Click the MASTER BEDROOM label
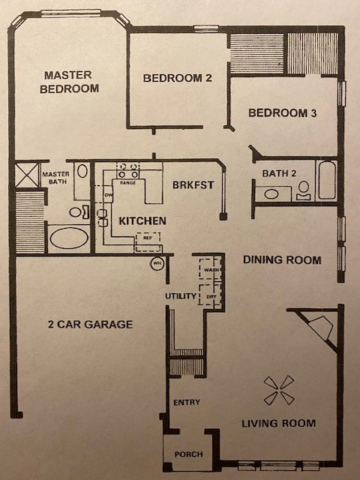click(x=70, y=82)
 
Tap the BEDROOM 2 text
click(x=178, y=78)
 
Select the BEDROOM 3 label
click(x=282, y=113)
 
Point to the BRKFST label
click(x=193, y=185)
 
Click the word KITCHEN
click(x=142, y=220)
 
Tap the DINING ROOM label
click(x=282, y=260)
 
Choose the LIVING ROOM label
click(x=278, y=423)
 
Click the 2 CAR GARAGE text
click(x=90, y=324)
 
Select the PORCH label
click(x=188, y=454)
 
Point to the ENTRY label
click(x=187, y=402)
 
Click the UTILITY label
click(x=181, y=296)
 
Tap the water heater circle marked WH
click(x=157, y=263)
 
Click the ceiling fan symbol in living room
click(x=279, y=390)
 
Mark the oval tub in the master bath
click(x=69, y=238)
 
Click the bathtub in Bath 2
click(x=327, y=180)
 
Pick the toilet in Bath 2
click(x=303, y=191)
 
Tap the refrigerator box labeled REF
click(x=148, y=242)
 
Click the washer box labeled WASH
click(x=210, y=269)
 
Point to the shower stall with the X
click(x=27, y=175)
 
